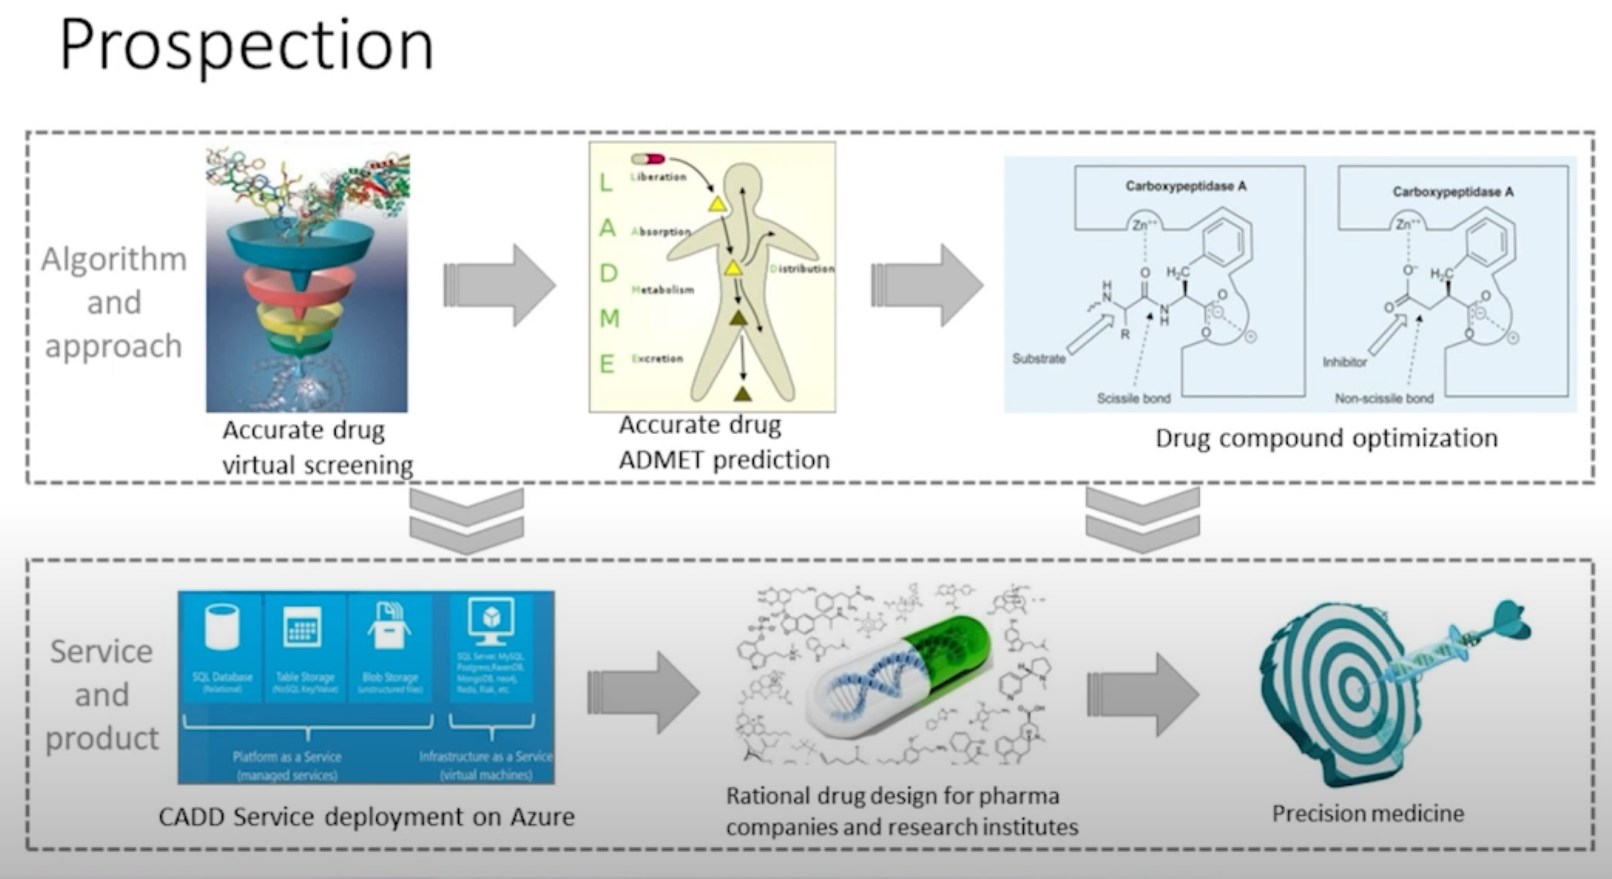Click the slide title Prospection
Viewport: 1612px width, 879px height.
coord(246,45)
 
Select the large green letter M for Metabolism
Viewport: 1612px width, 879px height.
coord(609,318)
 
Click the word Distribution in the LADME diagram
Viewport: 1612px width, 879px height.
coord(802,268)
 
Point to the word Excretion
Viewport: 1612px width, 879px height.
coord(657,358)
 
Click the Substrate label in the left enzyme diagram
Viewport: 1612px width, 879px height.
coord(1039,358)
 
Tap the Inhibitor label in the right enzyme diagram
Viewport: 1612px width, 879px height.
coord(1344,361)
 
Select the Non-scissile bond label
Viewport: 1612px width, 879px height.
coord(1384,398)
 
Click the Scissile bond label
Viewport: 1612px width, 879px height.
coord(1133,398)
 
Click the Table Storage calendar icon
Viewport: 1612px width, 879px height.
coord(303,626)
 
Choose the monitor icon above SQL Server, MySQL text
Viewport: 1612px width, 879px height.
coord(491,620)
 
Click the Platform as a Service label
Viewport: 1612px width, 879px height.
coord(287,756)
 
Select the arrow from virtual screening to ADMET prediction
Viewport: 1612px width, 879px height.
coord(499,285)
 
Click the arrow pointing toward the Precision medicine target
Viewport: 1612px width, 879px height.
coord(1143,694)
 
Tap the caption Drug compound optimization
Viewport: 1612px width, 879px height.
coord(1327,438)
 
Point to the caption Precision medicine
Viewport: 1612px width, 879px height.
coord(1368,813)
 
